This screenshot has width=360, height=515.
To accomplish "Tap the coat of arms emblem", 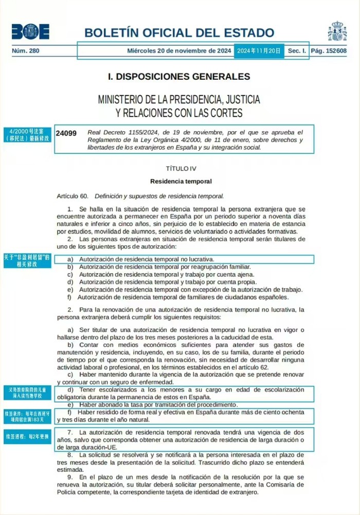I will click(337, 31).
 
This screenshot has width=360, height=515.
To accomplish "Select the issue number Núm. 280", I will click(26, 51).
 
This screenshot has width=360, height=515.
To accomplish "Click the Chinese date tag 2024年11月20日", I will click(259, 51).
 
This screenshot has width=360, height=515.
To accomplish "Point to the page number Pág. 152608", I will click(329, 51).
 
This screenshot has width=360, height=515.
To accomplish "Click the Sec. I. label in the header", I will click(297, 51).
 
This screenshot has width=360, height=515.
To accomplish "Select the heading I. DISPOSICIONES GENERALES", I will click(179, 77).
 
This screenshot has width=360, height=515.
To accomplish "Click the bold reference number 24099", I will click(66, 133).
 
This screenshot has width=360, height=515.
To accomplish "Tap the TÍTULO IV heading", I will click(181, 168).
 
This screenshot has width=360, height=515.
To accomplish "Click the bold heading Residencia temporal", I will click(181, 181).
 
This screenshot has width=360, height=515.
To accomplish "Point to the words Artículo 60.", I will click(73, 196).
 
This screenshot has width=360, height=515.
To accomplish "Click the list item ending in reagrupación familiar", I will click(159, 267).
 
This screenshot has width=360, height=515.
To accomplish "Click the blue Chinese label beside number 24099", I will click(27, 135).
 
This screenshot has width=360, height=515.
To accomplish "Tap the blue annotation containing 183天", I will click(27, 416).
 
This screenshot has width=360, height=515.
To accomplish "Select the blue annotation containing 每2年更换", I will click(27, 437).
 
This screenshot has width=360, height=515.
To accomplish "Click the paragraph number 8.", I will click(70, 455).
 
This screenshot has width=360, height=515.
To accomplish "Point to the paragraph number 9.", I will click(70, 477).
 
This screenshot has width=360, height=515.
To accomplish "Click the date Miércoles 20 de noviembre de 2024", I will click(179, 51).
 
